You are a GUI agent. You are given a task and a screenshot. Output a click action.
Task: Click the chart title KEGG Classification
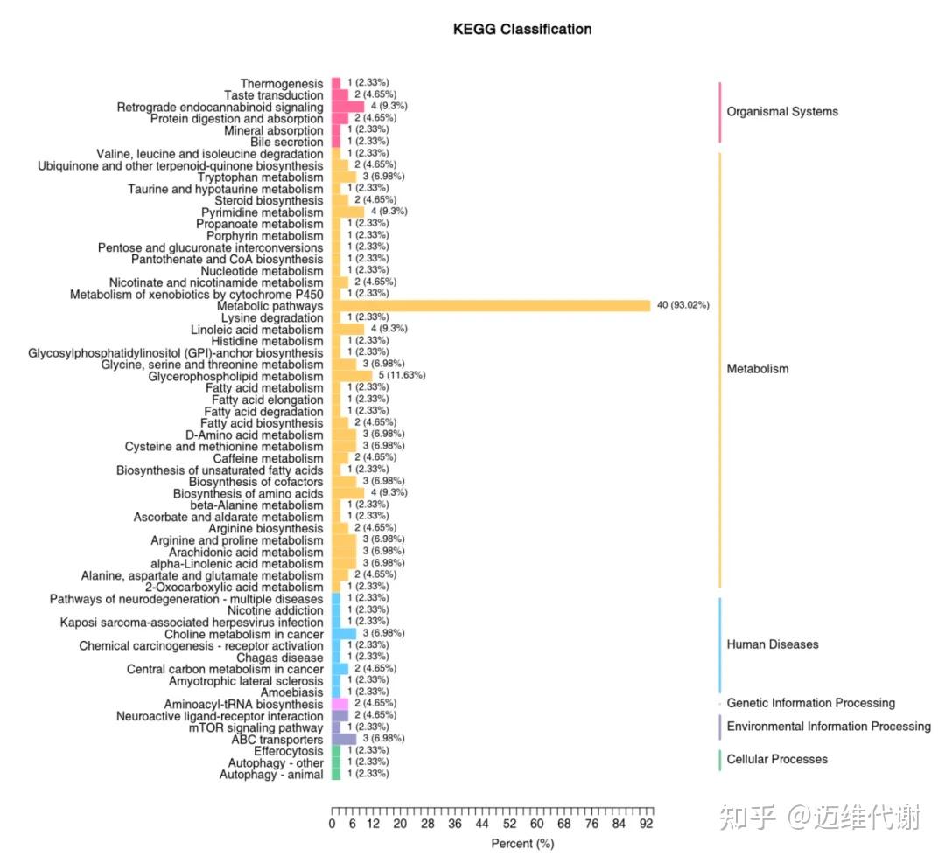click(x=521, y=29)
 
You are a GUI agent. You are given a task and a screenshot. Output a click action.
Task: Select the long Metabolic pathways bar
click(x=491, y=305)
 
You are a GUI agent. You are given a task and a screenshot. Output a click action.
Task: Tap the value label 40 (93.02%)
click(x=682, y=305)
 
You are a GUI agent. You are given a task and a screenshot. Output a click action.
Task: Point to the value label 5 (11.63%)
click(x=402, y=375)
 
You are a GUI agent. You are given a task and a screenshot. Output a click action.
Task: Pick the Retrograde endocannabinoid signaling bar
click(x=348, y=106)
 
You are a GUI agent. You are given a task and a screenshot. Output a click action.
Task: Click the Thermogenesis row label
click(x=282, y=83)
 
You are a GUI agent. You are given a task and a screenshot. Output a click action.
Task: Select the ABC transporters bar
click(x=344, y=739)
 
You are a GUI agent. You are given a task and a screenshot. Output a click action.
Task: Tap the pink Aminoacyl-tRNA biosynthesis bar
click(x=339, y=704)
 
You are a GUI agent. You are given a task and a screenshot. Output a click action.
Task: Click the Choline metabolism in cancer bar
click(x=344, y=633)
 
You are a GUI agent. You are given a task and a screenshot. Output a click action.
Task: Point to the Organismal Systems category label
click(x=782, y=112)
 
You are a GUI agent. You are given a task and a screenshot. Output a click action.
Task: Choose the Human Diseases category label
click(x=773, y=644)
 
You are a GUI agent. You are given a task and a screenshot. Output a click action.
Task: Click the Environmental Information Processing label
click(x=829, y=727)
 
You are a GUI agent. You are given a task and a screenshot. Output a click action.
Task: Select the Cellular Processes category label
click(x=777, y=759)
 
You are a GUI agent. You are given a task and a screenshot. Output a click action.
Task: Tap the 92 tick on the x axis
click(x=646, y=824)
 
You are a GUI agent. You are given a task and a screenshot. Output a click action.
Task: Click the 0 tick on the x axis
click(x=332, y=824)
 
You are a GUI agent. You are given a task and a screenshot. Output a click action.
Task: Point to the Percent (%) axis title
click(x=522, y=844)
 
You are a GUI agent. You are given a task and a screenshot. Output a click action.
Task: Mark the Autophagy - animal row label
click(x=271, y=775)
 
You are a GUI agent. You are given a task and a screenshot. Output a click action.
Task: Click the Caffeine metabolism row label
click(x=268, y=458)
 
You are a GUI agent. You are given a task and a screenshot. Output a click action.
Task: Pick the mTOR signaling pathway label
click(x=255, y=727)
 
